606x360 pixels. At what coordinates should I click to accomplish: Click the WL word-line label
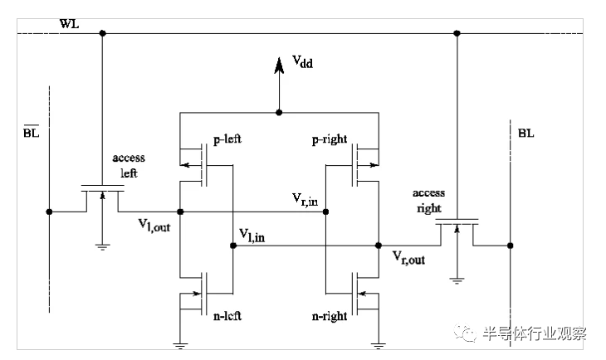point(69,24)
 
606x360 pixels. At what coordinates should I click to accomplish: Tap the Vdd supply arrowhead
point(279,66)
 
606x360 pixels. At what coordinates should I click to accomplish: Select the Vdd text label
point(302,61)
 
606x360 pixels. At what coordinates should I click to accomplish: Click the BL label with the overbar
point(32,132)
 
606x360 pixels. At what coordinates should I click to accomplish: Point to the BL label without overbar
point(526,134)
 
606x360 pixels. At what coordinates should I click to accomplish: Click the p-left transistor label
point(227,139)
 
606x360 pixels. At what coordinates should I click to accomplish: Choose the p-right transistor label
point(330,139)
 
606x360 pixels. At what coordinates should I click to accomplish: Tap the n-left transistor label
point(227,316)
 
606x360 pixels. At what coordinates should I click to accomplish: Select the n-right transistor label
point(330,316)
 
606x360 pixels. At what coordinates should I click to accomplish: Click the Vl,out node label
point(154,225)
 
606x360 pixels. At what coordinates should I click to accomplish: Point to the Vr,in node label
point(305,199)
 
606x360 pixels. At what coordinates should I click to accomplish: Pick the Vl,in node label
point(252,236)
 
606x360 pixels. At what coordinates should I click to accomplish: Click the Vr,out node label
point(408,258)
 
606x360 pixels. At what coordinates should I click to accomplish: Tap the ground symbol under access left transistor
point(102,247)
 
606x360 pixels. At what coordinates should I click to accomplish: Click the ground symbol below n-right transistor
point(379,346)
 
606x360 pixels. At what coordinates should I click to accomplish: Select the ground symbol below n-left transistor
point(180,346)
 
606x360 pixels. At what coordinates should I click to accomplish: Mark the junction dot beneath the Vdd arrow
point(279,113)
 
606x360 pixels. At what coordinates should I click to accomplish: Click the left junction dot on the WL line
point(102,33)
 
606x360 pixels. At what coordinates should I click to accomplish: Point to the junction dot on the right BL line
point(511,246)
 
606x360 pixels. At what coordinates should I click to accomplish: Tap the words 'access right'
point(428,201)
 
